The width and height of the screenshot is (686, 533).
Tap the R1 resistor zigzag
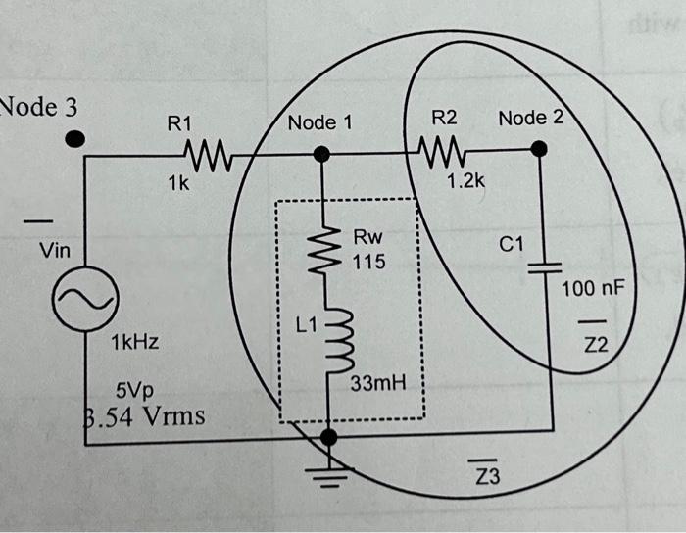point(206,153)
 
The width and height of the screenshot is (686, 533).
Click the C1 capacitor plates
point(540,269)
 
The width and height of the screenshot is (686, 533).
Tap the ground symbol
point(330,475)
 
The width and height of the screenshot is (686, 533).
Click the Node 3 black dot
point(75,139)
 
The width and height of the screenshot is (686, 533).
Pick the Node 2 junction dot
point(539,149)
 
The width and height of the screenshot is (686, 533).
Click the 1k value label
point(177,183)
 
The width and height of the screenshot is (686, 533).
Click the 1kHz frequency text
point(135,344)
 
